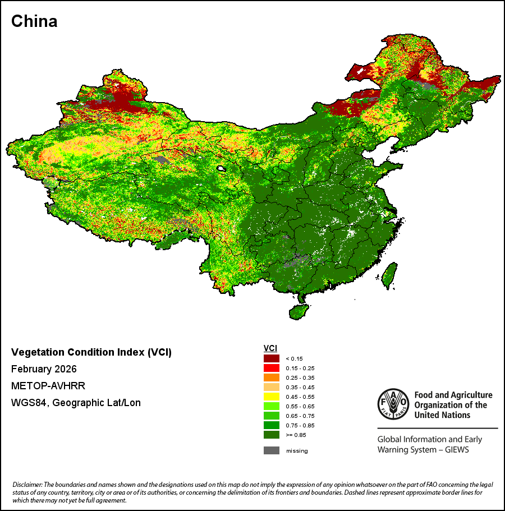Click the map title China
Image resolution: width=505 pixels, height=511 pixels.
pos(34,21)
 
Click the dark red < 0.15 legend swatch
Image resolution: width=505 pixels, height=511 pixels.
pos(272,358)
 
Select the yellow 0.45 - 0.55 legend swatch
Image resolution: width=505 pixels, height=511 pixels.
pos(272,397)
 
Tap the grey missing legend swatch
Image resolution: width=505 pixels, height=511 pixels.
pos(272,450)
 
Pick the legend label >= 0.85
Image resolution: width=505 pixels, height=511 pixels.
pos(296,435)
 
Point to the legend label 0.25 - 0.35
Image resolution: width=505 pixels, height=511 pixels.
pos(300,378)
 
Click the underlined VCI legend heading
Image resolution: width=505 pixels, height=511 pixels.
pos(270,348)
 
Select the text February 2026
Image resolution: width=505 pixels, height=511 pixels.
pos(44,369)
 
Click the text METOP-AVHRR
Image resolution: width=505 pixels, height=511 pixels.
pos(48,386)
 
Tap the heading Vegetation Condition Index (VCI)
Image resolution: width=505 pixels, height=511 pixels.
pos(91,352)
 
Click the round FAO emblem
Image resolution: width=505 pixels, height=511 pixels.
pos(393,404)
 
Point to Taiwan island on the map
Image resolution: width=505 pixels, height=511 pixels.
pos(390,276)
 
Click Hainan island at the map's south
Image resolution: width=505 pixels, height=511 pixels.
pos(299,311)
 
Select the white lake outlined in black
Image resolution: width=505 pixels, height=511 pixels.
pos(222,169)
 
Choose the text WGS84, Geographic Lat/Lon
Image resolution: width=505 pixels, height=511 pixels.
pos(76,403)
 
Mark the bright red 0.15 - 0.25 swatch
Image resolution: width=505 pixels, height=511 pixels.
pos(272,368)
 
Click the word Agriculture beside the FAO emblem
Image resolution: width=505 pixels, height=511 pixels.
pos(472,395)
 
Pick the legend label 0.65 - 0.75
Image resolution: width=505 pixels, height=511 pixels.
pos(300,416)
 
